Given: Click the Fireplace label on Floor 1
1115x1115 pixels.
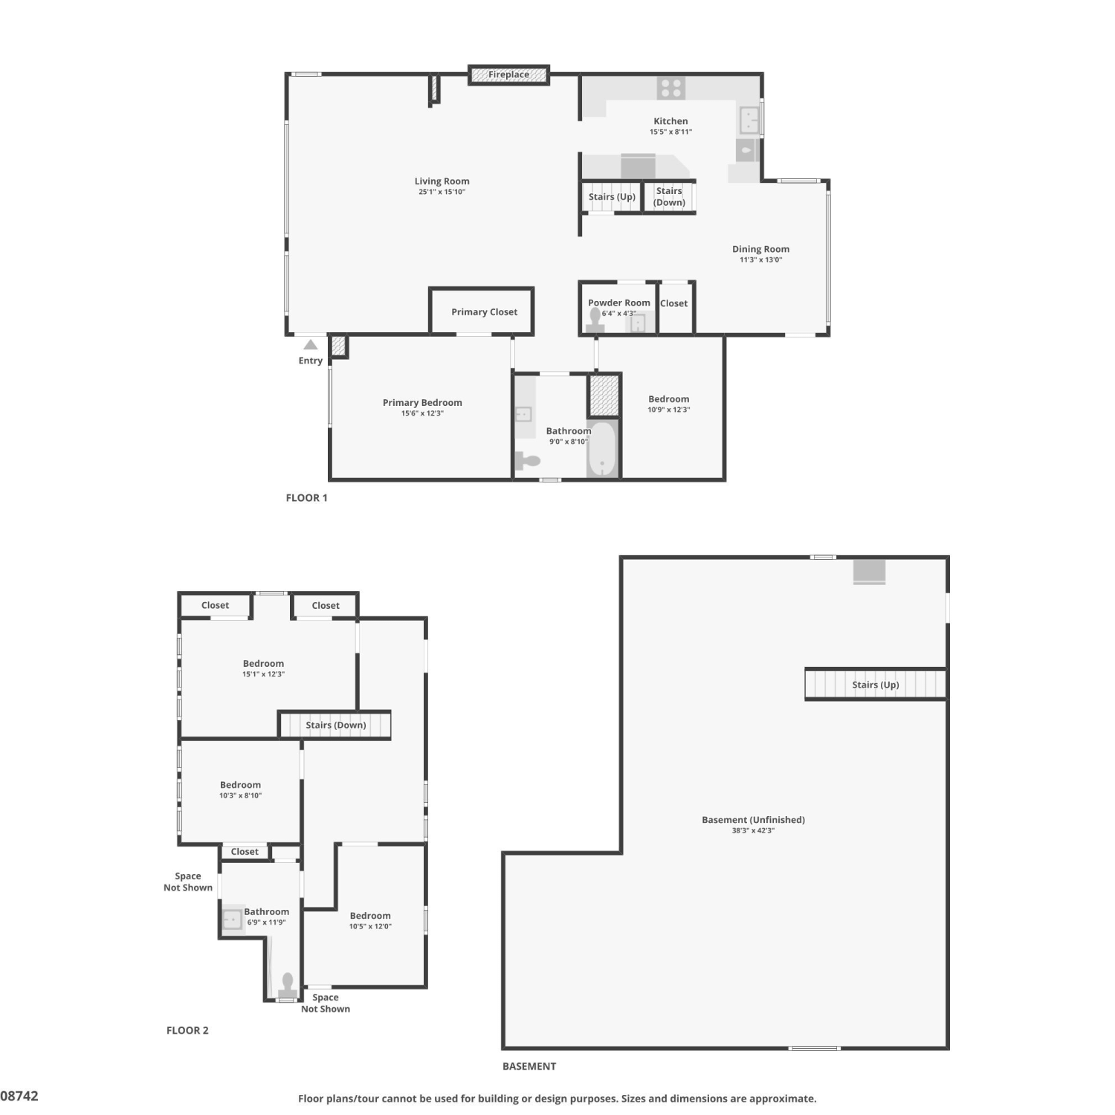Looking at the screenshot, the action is tap(508, 74).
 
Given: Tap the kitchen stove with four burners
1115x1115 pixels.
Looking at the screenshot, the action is tap(671, 88).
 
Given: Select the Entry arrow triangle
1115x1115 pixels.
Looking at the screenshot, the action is tap(311, 345).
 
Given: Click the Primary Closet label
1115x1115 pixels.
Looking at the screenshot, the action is tap(484, 312).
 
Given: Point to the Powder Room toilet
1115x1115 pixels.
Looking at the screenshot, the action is tap(595, 320).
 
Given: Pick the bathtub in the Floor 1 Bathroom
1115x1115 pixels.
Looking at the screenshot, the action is tap(602, 448).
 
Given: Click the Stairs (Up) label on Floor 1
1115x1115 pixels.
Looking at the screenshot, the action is tap(612, 197).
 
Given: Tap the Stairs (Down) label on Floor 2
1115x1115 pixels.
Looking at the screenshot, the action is tap(336, 725).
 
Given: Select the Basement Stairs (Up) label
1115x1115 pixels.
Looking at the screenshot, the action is tap(876, 685).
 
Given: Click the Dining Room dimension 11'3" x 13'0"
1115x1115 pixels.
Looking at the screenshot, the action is tap(760, 260).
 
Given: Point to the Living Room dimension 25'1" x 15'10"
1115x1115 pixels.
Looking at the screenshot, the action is tap(442, 192).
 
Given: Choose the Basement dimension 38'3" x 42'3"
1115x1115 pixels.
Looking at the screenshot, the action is tap(753, 831).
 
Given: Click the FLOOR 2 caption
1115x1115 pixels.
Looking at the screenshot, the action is tap(187, 1030).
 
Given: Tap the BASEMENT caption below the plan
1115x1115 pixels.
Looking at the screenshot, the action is tap(529, 1066).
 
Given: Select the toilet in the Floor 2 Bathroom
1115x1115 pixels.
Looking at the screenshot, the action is tap(288, 986).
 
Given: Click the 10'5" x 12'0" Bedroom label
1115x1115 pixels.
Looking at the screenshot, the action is tap(370, 921).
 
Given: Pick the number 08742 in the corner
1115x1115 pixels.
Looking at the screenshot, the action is tap(19, 1096).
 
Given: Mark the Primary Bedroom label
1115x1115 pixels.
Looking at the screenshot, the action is tap(422, 403).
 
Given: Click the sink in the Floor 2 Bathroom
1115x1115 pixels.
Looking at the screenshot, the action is tap(233, 920).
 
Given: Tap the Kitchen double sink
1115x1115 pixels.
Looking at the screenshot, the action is tap(749, 119).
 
